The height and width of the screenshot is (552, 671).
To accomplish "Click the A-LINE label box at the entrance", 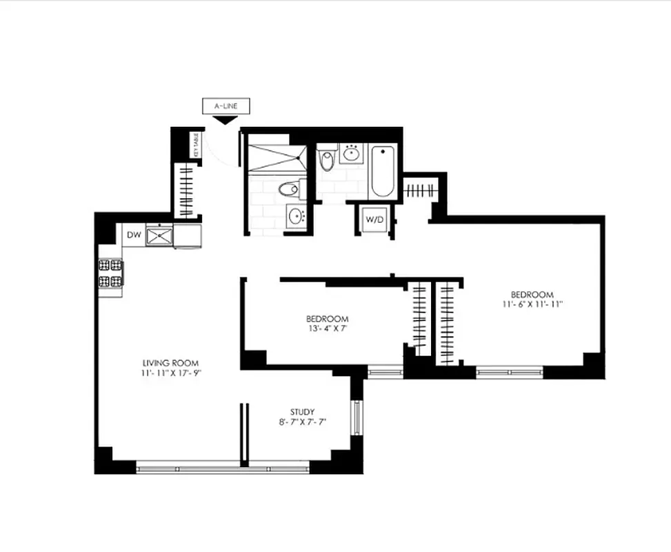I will [x=225, y=106].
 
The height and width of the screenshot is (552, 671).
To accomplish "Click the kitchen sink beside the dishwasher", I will [x=159, y=236].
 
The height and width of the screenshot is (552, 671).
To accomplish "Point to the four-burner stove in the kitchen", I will [x=111, y=273].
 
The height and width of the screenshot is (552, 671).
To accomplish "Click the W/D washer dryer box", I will [x=374, y=220].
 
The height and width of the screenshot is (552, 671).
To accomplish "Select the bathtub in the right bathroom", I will [x=381, y=170].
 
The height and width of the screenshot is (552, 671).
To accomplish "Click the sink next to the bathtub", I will [x=352, y=153].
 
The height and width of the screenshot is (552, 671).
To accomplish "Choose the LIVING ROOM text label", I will [x=171, y=363].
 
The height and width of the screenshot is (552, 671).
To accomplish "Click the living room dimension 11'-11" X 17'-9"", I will [x=171, y=373].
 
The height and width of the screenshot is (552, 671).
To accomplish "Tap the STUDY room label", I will [x=303, y=412].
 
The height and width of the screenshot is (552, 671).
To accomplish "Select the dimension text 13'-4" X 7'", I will [x=328, y=329].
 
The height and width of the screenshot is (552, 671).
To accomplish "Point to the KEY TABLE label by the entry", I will [x=196, y=145].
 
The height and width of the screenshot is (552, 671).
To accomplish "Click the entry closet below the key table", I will [x=187, y=188].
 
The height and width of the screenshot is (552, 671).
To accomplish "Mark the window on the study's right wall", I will [x=357, y=418].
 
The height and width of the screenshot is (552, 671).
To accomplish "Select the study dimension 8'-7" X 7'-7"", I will [x=303, y=422].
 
